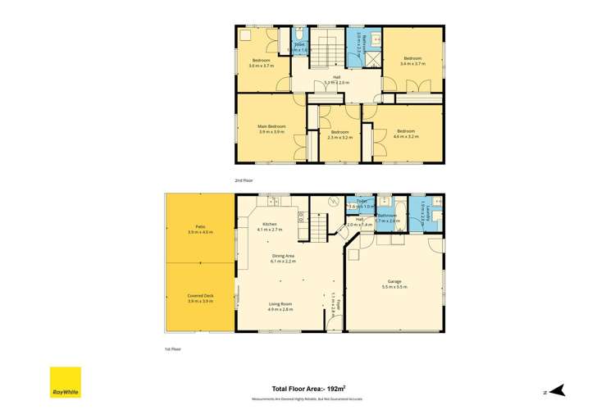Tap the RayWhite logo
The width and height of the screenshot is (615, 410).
[x=65, y=382]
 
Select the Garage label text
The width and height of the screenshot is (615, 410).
[x=394, y=281]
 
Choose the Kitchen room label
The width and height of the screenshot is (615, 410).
[x=270, y=224]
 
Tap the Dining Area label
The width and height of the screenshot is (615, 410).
[x=285, y=255]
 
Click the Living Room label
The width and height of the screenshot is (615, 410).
[x=280, y=304]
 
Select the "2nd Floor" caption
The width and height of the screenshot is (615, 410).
[x=244, y=179]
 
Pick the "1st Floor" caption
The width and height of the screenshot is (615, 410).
[x=172, y=348]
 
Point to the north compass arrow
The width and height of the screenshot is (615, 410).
[x=558, y=389]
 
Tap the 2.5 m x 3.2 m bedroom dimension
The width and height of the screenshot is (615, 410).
[x=339, y=137]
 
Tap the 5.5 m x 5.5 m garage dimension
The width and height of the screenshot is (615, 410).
[x=394, y=287]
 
